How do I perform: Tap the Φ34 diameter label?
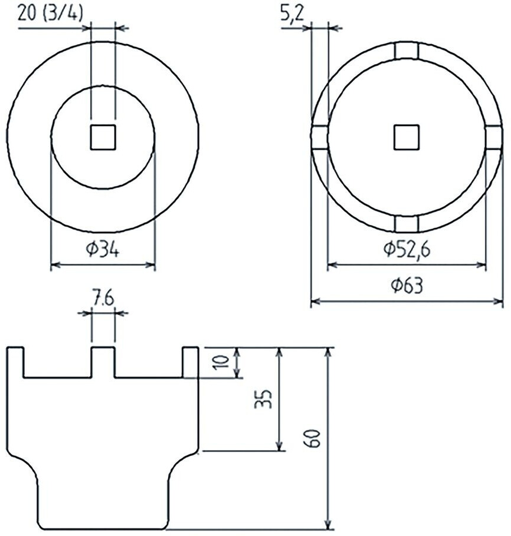click(102, 250)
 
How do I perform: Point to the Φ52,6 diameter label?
click(407, 250)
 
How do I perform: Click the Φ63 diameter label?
click(407, 286)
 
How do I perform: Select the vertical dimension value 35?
click(266, 399)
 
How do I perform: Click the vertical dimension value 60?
click(314, 438)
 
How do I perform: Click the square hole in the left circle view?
click(103, 137)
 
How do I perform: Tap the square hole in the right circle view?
click(407, 137)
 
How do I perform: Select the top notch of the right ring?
click(407, 51)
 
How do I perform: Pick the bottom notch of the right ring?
click(407, 224)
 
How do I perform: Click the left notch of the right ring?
click(319, 137)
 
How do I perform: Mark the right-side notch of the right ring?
click(494, 137)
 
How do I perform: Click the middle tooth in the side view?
click(103, 362)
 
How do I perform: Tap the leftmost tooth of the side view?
click(16, 362)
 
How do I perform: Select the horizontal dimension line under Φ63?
click(407, 302)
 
